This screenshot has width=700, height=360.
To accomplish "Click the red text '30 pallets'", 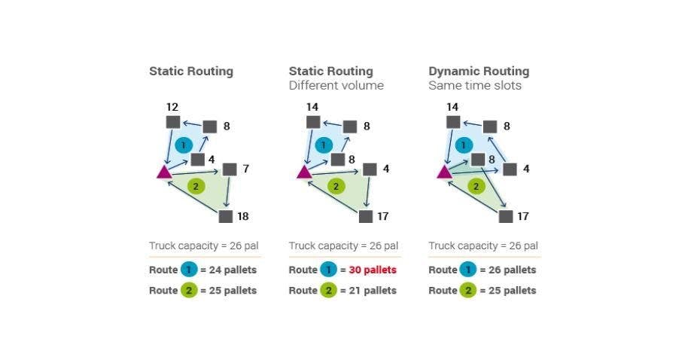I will click(x=373, y=270).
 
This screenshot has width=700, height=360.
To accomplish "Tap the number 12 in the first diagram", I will click(x=172, y=107).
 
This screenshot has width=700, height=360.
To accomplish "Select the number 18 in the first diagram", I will click(x=242, y=216).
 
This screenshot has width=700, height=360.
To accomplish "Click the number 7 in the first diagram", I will click(x=245, y=169).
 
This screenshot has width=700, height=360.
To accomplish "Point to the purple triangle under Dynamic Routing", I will click(x=444, y=172).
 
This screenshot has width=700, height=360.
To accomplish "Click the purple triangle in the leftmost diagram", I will click(x=164, y=172).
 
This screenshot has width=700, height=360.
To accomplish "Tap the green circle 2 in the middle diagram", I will click(x=336, y=185).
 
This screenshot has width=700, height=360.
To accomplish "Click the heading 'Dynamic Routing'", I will click(x=479, y=72).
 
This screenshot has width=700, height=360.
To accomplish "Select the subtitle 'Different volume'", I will click(x=336, y=86).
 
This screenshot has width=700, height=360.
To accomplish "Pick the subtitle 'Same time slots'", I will click(x=475, y=86).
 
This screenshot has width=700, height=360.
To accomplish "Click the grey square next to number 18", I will click(x=226, y=216).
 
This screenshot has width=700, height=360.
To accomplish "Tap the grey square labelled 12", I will click(x=172, y=122).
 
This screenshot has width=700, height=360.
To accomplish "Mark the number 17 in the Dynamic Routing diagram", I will click(x=522, y=216).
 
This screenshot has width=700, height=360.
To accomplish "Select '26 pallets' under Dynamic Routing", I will click(x=508, y=270).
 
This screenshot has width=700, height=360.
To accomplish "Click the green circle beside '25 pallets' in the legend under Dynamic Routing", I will click(x=468, y=290).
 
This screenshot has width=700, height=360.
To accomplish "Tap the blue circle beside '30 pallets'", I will click(x=328, y=270).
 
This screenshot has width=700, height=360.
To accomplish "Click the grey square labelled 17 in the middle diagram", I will click(x=366, y=216).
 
